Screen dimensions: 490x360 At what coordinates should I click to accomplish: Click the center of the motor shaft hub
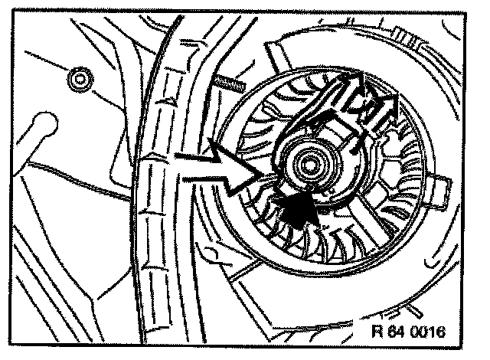pos(311,163)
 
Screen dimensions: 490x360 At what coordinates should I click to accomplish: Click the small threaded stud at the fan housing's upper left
pos(228,80)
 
